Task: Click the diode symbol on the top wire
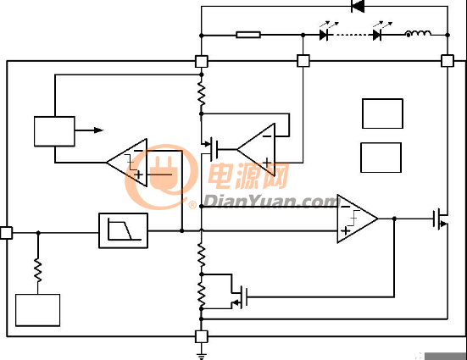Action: [358, 6]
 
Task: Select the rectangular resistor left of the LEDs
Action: [248, 35]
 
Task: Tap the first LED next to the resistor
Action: [324, 35]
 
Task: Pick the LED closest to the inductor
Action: [377, 35]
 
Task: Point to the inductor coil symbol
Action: [418, 33]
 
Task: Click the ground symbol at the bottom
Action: [202, 356]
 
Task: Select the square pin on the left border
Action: [6, 233]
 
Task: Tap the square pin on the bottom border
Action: [202, 336]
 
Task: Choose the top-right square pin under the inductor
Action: [447, 61]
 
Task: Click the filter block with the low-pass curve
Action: [123, 230]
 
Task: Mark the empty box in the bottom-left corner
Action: [38, 310]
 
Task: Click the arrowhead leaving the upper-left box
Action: [99, 130]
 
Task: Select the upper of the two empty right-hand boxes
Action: [382, 114]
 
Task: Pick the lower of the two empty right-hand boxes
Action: [381, 158]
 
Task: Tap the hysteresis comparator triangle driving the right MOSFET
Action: [358, 219]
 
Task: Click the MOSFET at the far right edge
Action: [441, 219]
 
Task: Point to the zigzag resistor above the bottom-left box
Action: [38, 271]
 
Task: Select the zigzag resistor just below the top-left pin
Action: [202, 94]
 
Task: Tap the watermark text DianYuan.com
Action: [271, 202]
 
